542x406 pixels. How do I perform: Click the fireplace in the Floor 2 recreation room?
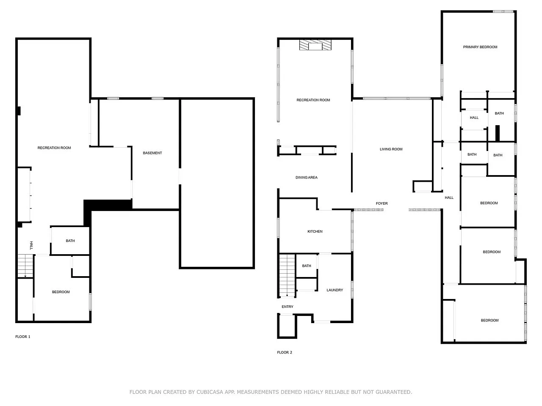(315, 45)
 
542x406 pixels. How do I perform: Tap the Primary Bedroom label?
(480, 47)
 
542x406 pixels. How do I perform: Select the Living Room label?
(391, 149)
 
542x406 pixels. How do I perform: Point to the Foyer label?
(382, 203)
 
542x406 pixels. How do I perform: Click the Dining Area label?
(307, 178)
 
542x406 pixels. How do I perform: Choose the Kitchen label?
(315, 231)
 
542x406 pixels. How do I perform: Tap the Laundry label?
(335, 290)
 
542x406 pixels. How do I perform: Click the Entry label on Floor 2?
(288, 307)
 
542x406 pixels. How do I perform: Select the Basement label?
(152, 153)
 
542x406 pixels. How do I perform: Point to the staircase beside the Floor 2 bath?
(287, 276)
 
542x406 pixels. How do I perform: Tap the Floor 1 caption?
(23, 337)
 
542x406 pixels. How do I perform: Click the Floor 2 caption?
(285, 353)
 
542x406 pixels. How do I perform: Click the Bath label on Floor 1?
(70, 241)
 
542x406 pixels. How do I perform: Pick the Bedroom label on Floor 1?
(61, 292)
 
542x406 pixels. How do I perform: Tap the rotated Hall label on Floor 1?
(31, 246)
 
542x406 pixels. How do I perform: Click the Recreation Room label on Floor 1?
(54, 148)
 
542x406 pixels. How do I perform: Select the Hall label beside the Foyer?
(449, 198)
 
